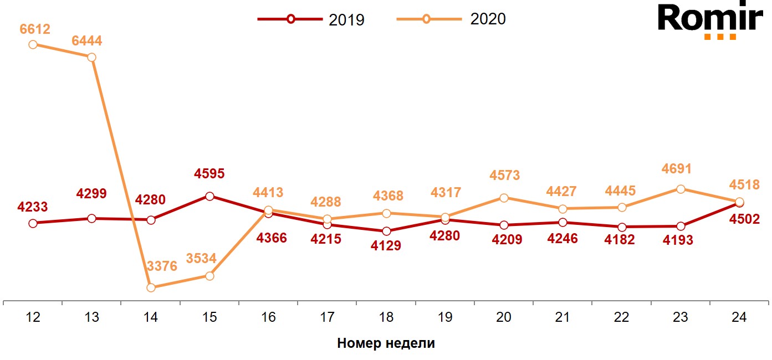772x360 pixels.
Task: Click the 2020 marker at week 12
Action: pyautogui.click(x=33, y=44)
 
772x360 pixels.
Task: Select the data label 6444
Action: pyautogui.click(x=87, y=41)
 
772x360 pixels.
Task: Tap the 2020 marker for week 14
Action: pyautogui.click(x=151, y=287)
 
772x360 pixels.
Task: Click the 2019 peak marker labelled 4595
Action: pyautogui.click(x=209, y=196)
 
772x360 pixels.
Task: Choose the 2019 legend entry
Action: pyautogui.click(x=311, y=19)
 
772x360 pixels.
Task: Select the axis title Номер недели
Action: pyautogui.click(x=386, y=343)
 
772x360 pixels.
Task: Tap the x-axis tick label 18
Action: pyautogui.click(x=386, y=318)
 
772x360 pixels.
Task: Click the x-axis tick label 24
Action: pyautogui.click(x=739, y=318)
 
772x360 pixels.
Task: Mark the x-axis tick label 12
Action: pyautogui.click(x=33, y=318)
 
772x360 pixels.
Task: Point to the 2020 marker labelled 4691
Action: pyautogui.click(x=681, y=189)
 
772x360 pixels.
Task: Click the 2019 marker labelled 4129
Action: pyautogui.click(x=386, y=231)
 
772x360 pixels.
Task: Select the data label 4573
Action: pyautogui.click(x=504, y=176)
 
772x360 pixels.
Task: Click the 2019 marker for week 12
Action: pyautogui.click(x=33, y=223)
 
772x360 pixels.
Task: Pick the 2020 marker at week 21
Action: pyautogui.click(x=563, y=209)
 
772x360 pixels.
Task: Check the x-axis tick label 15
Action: pyautogui.click(x=209, y=318)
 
